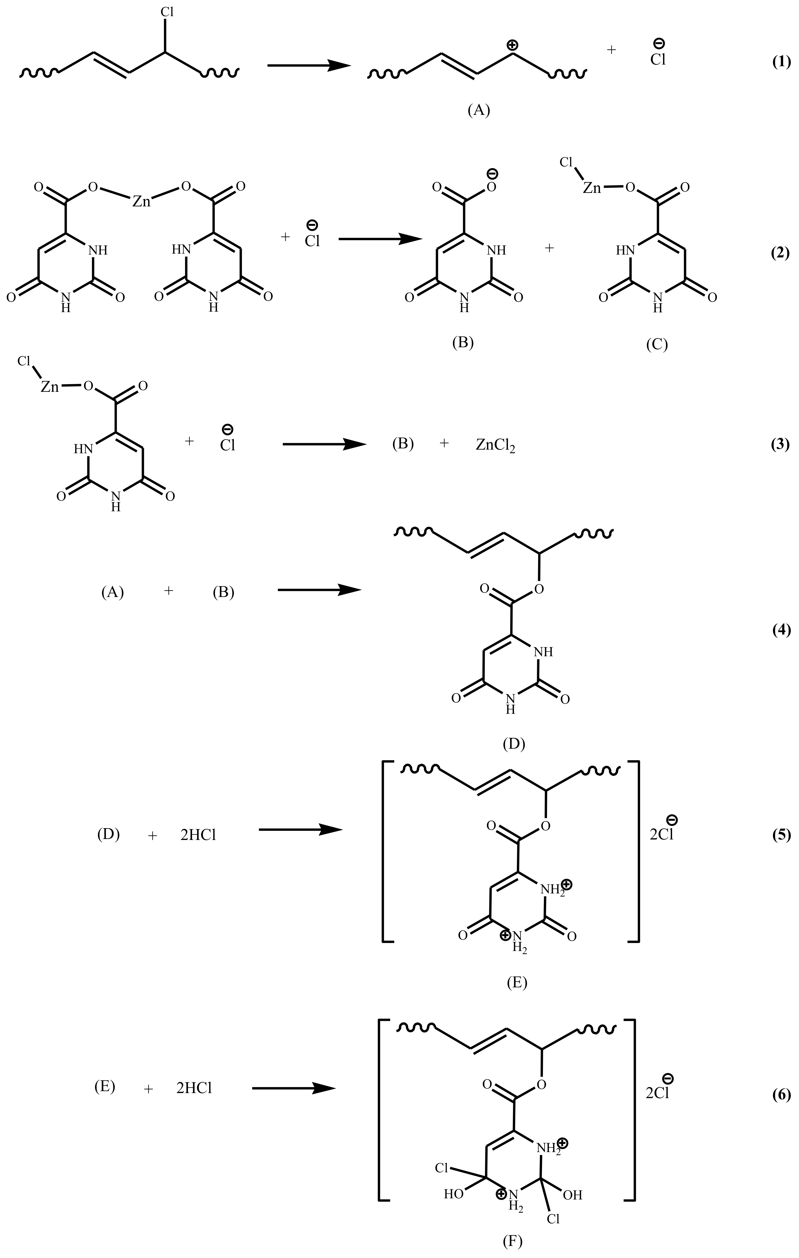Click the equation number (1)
pos(781,63)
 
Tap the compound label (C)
pos(657,344)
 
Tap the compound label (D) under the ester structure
pos(513,744)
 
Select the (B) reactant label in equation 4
pos(224,592)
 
